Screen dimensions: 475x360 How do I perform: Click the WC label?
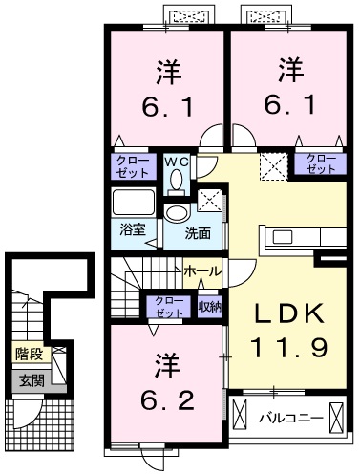tap(177, 162)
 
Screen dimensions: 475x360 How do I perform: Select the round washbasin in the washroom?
tap(177, 213)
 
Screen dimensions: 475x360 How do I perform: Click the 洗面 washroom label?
tap(198, 232)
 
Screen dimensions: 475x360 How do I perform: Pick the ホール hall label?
tap(201, 271)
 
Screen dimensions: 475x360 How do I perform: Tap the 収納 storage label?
tap(209, 306)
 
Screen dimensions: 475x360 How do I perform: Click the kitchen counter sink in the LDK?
tap(286, 237)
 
